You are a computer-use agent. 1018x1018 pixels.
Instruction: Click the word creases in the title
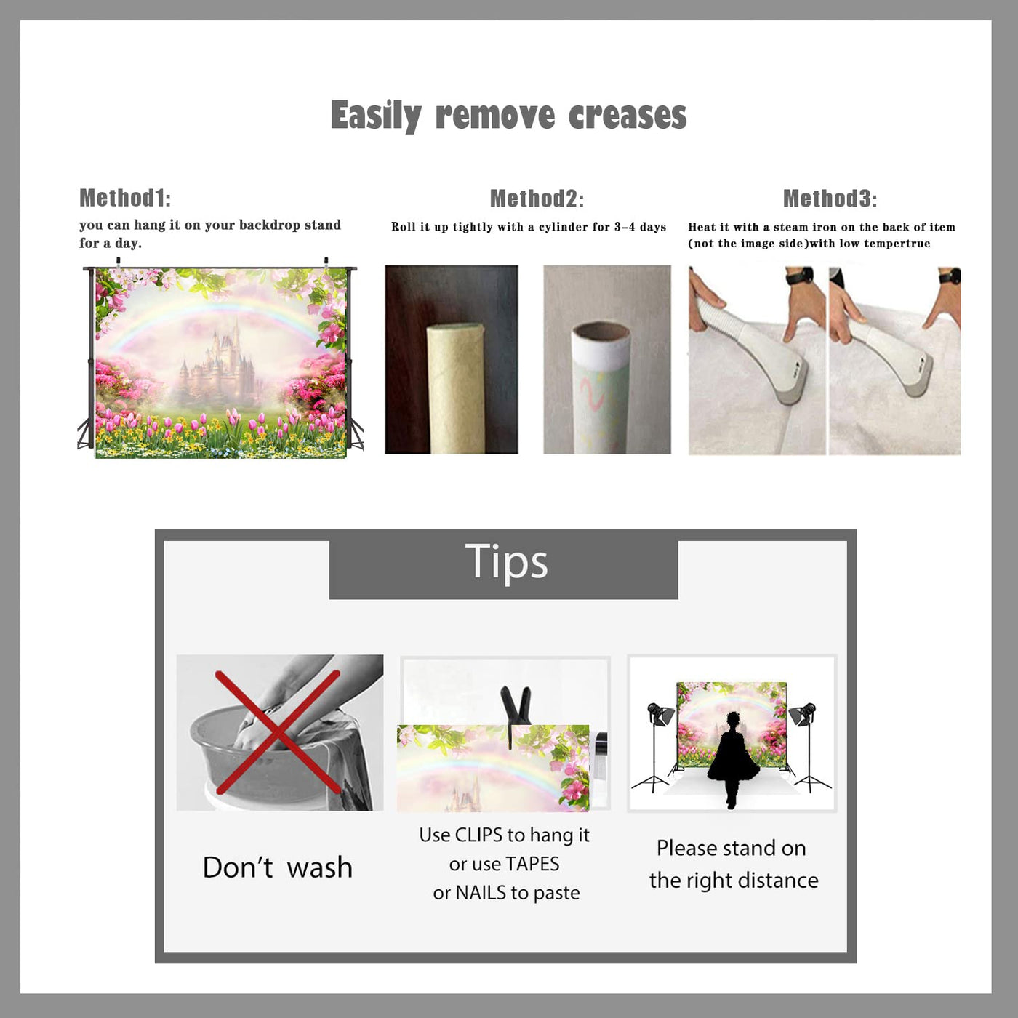tap(628, 115)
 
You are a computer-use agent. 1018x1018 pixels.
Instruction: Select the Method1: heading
tap(125, 198)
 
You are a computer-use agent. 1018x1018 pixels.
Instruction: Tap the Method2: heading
tap(537, 199)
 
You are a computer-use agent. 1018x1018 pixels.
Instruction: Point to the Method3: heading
tap(830, 199)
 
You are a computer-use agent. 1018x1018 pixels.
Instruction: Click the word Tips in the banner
tap(506, 561)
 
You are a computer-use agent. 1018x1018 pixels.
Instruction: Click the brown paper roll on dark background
tap(456, 388)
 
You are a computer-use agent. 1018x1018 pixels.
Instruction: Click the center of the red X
tap(277, 732)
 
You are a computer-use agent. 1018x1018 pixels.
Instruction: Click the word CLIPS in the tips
tap(478, 835)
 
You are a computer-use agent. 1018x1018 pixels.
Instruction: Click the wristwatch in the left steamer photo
tap(801, 276)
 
